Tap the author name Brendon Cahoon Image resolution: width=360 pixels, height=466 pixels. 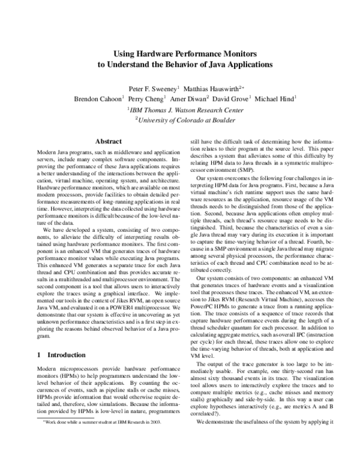coord(98,98)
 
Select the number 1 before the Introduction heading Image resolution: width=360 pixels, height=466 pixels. coord(31,355)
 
